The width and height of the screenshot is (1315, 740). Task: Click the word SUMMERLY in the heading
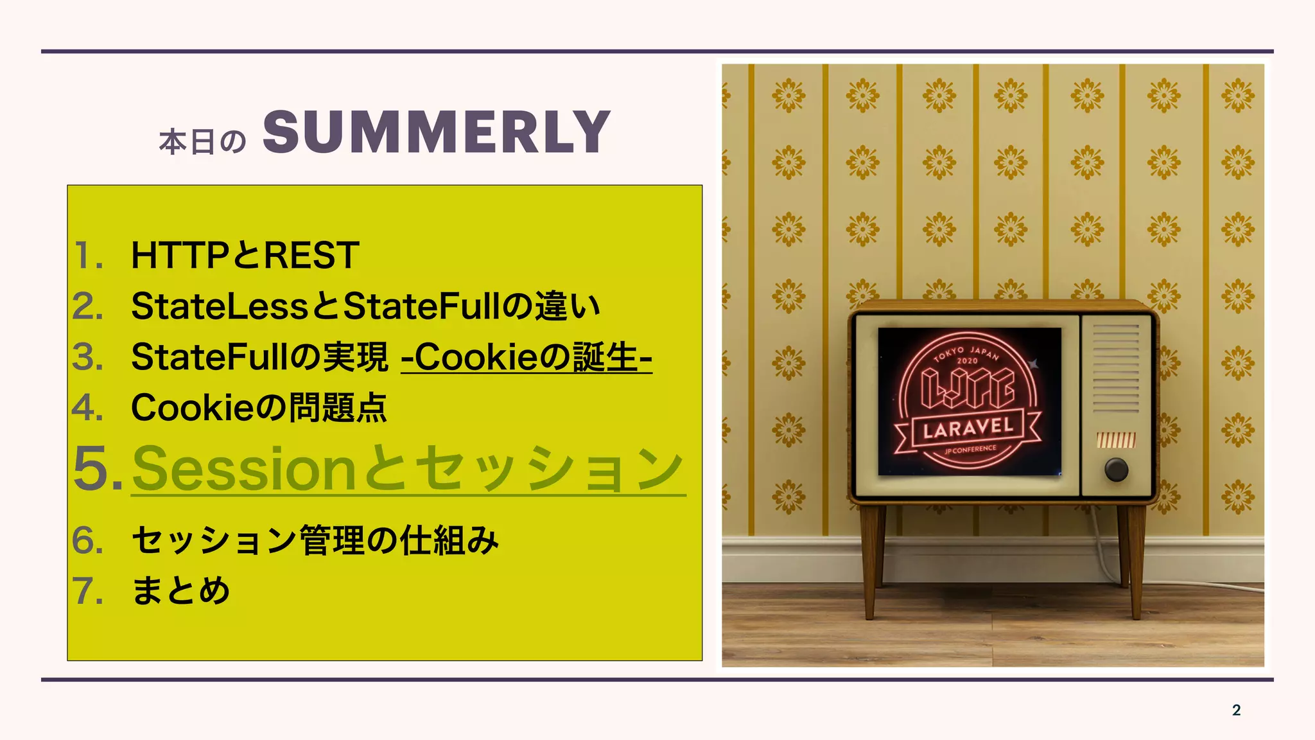[436, 132]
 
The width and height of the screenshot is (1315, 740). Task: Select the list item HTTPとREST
[245, 255]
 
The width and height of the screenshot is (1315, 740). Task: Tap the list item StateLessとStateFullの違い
[365, 306]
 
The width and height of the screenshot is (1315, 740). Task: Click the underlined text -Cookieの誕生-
[527, 357]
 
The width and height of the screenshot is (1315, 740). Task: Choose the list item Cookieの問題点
[259, 407]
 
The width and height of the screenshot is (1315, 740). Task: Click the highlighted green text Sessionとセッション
[408, 469]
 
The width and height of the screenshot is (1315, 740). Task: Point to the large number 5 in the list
[90, 468]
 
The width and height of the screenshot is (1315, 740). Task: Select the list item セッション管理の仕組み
[315, 540]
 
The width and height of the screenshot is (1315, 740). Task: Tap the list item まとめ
[180, 590]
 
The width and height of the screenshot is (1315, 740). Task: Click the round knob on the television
[1116, 470]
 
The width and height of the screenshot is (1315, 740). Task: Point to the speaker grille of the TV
[1116, 369]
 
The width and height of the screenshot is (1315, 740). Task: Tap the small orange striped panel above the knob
[1116, 440]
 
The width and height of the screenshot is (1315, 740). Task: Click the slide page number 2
[1236, 710]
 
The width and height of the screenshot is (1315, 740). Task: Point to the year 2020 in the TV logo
[967, 360]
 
